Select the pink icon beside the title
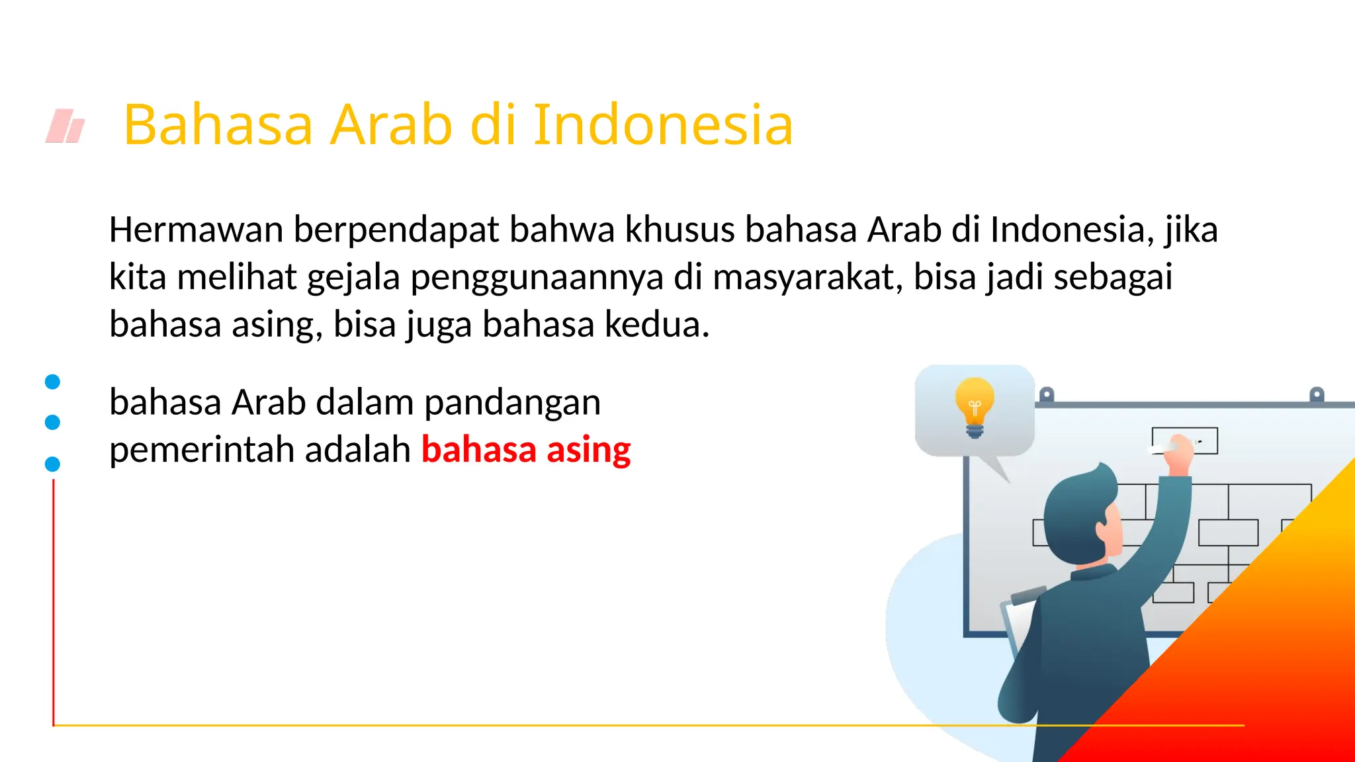[66, 126]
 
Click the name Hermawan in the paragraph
[196, 230]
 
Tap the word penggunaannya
[537, 277]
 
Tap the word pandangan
[512, 403]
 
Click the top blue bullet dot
[52, 382]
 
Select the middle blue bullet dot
[52, 422]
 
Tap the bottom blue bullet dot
[52, 464]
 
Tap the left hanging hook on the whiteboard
[1046, 395]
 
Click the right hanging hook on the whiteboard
[1317, 395]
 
